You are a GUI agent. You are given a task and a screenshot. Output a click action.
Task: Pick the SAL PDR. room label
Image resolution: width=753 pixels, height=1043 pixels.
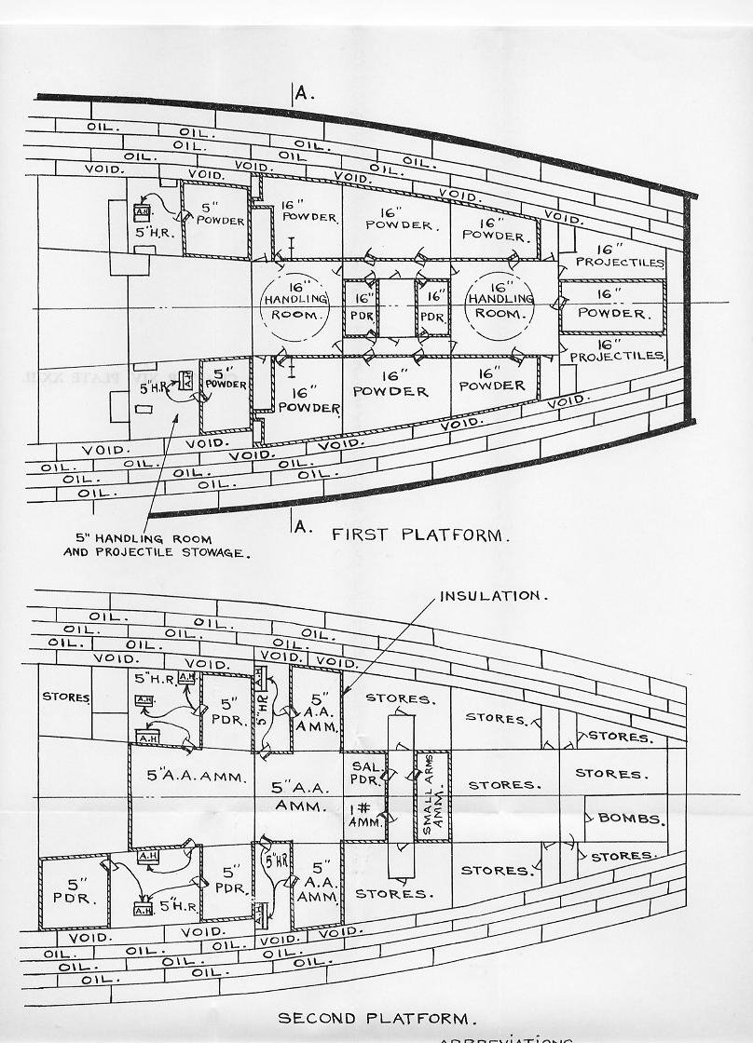pos(363,771)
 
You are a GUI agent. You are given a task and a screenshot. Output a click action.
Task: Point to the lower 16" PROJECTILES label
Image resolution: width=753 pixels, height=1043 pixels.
pos(616,350)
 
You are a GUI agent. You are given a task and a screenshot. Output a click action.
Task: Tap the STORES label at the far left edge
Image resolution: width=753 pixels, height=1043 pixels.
pos(65,697)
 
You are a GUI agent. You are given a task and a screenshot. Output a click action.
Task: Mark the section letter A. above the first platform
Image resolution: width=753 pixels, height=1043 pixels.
pos(301,92)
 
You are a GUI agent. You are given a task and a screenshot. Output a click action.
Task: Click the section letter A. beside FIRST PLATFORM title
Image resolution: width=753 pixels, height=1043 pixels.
pos(301,526)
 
